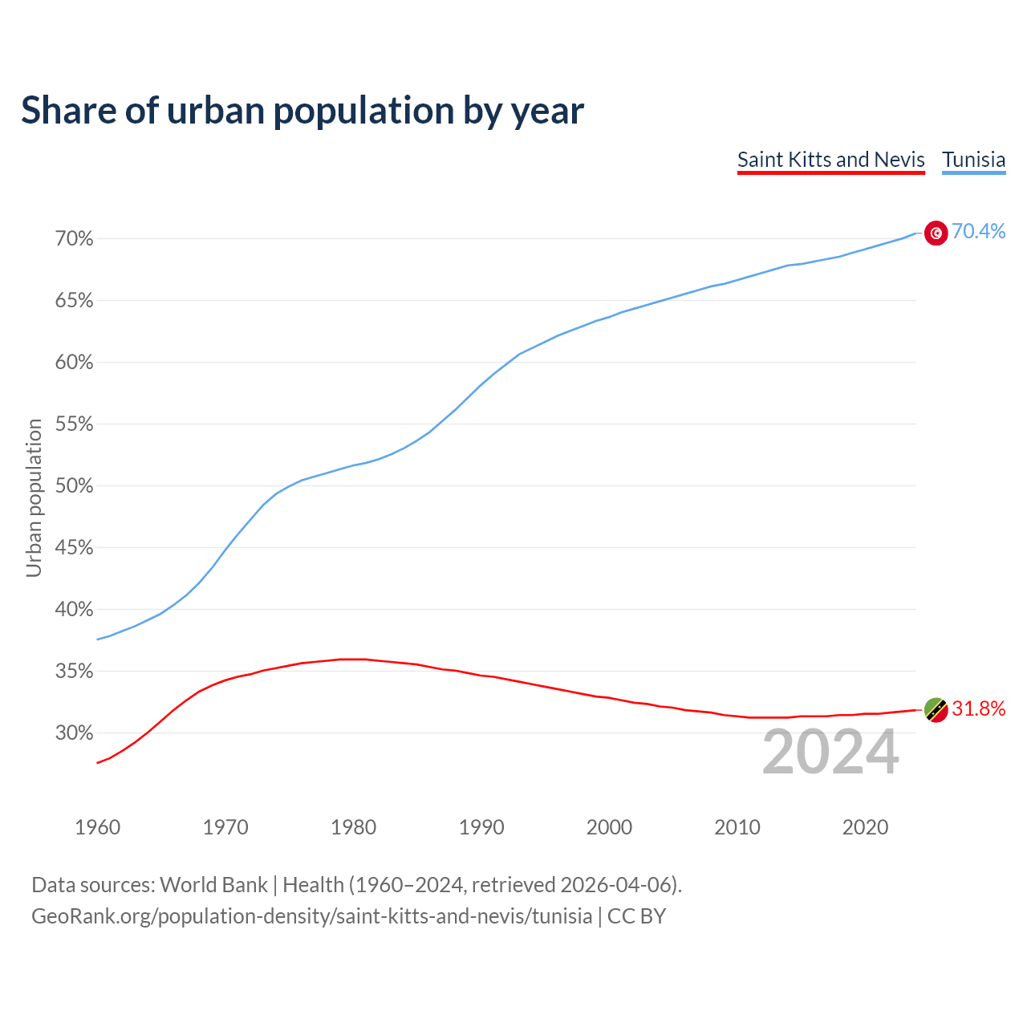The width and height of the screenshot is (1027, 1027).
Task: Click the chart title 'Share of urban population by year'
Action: coord(302,111)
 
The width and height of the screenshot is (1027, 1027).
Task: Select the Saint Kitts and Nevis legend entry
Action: coord(830,160)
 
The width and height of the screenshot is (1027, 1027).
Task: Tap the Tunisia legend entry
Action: coord(973,160)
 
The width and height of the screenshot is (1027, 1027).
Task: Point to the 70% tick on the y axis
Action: coord(75,239)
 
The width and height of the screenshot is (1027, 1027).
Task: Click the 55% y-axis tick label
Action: coord(75,424)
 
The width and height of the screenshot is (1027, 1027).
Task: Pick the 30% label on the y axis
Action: coord(75,733)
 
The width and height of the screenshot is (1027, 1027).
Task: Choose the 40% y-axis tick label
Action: coord(75,610)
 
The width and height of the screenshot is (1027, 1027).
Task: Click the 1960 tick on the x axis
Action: coord(97,827)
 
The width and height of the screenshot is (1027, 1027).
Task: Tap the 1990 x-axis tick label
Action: coord(481,827)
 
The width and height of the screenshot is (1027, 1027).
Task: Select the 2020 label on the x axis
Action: coord(865,827)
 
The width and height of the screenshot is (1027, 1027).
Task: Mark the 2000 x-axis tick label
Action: coord(609,827)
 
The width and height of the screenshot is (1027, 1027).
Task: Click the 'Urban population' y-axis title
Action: coord(34,497)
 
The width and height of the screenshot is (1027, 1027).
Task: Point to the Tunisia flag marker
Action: coord(936,233)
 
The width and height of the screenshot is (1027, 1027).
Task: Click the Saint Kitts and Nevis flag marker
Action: coord(936,710)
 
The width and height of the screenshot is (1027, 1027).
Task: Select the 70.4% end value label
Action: coord(978,232)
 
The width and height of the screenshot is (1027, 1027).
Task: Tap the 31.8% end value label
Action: coord(978,709)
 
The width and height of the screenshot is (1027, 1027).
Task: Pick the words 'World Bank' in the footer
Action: coord(213,885)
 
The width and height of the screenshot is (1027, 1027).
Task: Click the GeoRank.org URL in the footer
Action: coord(311,916)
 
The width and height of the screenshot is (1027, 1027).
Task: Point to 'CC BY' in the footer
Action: coord(636,916)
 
